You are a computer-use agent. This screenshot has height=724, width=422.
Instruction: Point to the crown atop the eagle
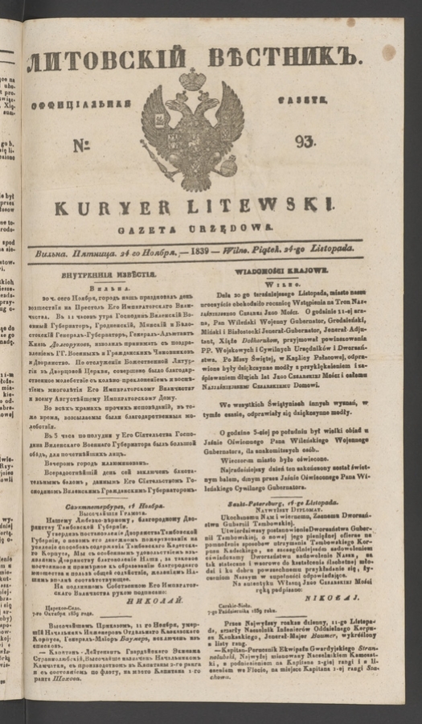tap(193, 80)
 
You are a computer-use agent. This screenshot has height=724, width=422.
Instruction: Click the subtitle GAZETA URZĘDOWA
tap(194, 228)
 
